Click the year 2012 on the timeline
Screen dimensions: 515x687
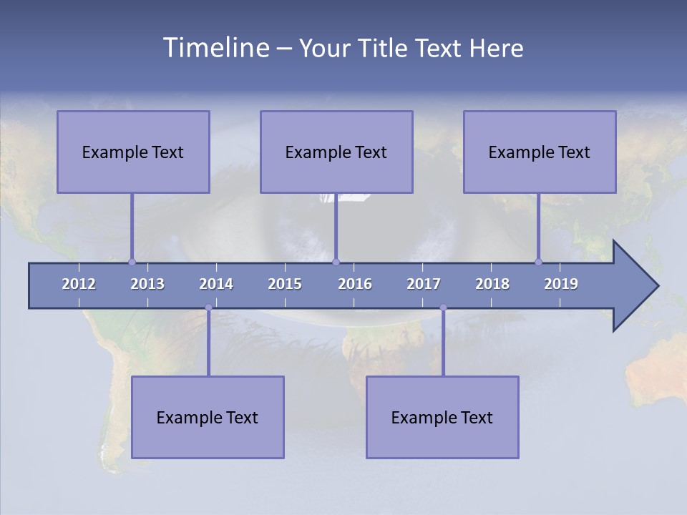tap(79, 284)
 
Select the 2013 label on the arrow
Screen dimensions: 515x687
tap(147, 284)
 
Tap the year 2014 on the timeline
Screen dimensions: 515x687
tap(216, 284)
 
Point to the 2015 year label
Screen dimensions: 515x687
tap(285, 284)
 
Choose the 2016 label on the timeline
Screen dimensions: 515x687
tap(355, 284)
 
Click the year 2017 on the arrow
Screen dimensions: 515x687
tap(424, 284)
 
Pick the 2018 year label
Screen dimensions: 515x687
tap(492, 284)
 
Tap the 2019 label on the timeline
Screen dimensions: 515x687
tap(561, 284)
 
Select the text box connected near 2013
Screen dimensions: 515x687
tap(133, 152)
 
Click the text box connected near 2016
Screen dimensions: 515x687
tap(336, 152)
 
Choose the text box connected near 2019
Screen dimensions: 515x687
tap(540, 152)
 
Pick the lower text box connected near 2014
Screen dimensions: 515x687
tap(208, 417)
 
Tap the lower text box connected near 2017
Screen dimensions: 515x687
tap(442, 417)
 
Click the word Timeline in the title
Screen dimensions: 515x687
tap(215, 48)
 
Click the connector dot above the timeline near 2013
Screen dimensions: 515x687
tap(132, 262)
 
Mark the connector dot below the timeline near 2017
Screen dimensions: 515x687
tap(443, 308)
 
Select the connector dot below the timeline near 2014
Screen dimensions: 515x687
tap(208, 308)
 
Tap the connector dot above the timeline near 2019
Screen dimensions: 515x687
tap(538, 262)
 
